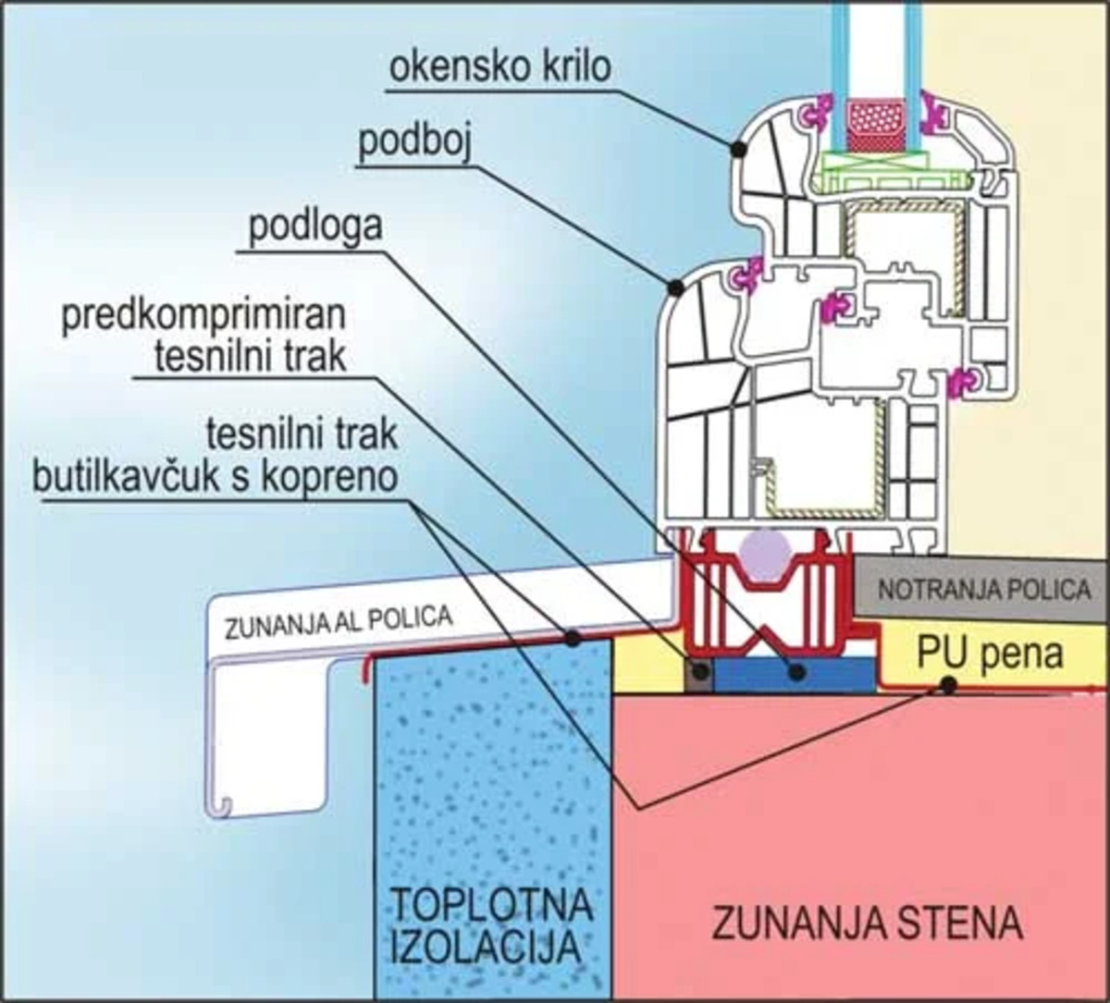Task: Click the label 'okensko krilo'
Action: (500, 69)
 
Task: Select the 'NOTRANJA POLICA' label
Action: (983, 590)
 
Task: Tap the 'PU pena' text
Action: (991, 654)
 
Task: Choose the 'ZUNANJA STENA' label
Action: (867, 923)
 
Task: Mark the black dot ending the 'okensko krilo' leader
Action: (738, 148)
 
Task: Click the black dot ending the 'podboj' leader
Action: (675, 287)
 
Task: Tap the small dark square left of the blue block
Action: (698, 673)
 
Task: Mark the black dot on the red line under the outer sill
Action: (573, 637)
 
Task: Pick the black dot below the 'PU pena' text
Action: (947, 685)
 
